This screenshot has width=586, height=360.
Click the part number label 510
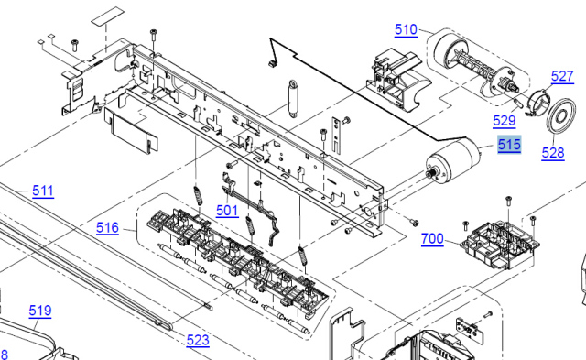406,29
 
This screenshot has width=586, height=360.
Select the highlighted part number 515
509,145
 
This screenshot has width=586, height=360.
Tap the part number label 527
562,76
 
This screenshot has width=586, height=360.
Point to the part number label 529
505,121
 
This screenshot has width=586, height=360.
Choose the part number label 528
553,153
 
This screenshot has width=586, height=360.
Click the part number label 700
432,238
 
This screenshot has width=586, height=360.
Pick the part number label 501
227,211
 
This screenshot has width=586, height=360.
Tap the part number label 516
108,228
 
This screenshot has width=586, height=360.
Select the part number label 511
43,191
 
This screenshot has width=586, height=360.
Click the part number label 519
40,311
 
